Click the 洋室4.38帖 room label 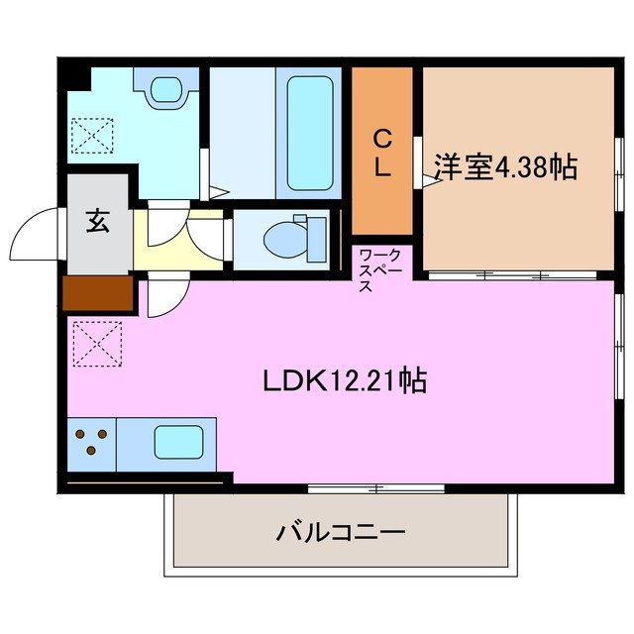pos(505,166)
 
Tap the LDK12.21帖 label pos(345,380)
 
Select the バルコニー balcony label pos(340,533)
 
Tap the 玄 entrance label pos(97,222)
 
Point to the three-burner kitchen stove pos(92,442)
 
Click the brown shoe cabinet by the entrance pos(98,293)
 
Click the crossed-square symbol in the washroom pos(92,135)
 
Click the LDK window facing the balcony pos(374,487)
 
